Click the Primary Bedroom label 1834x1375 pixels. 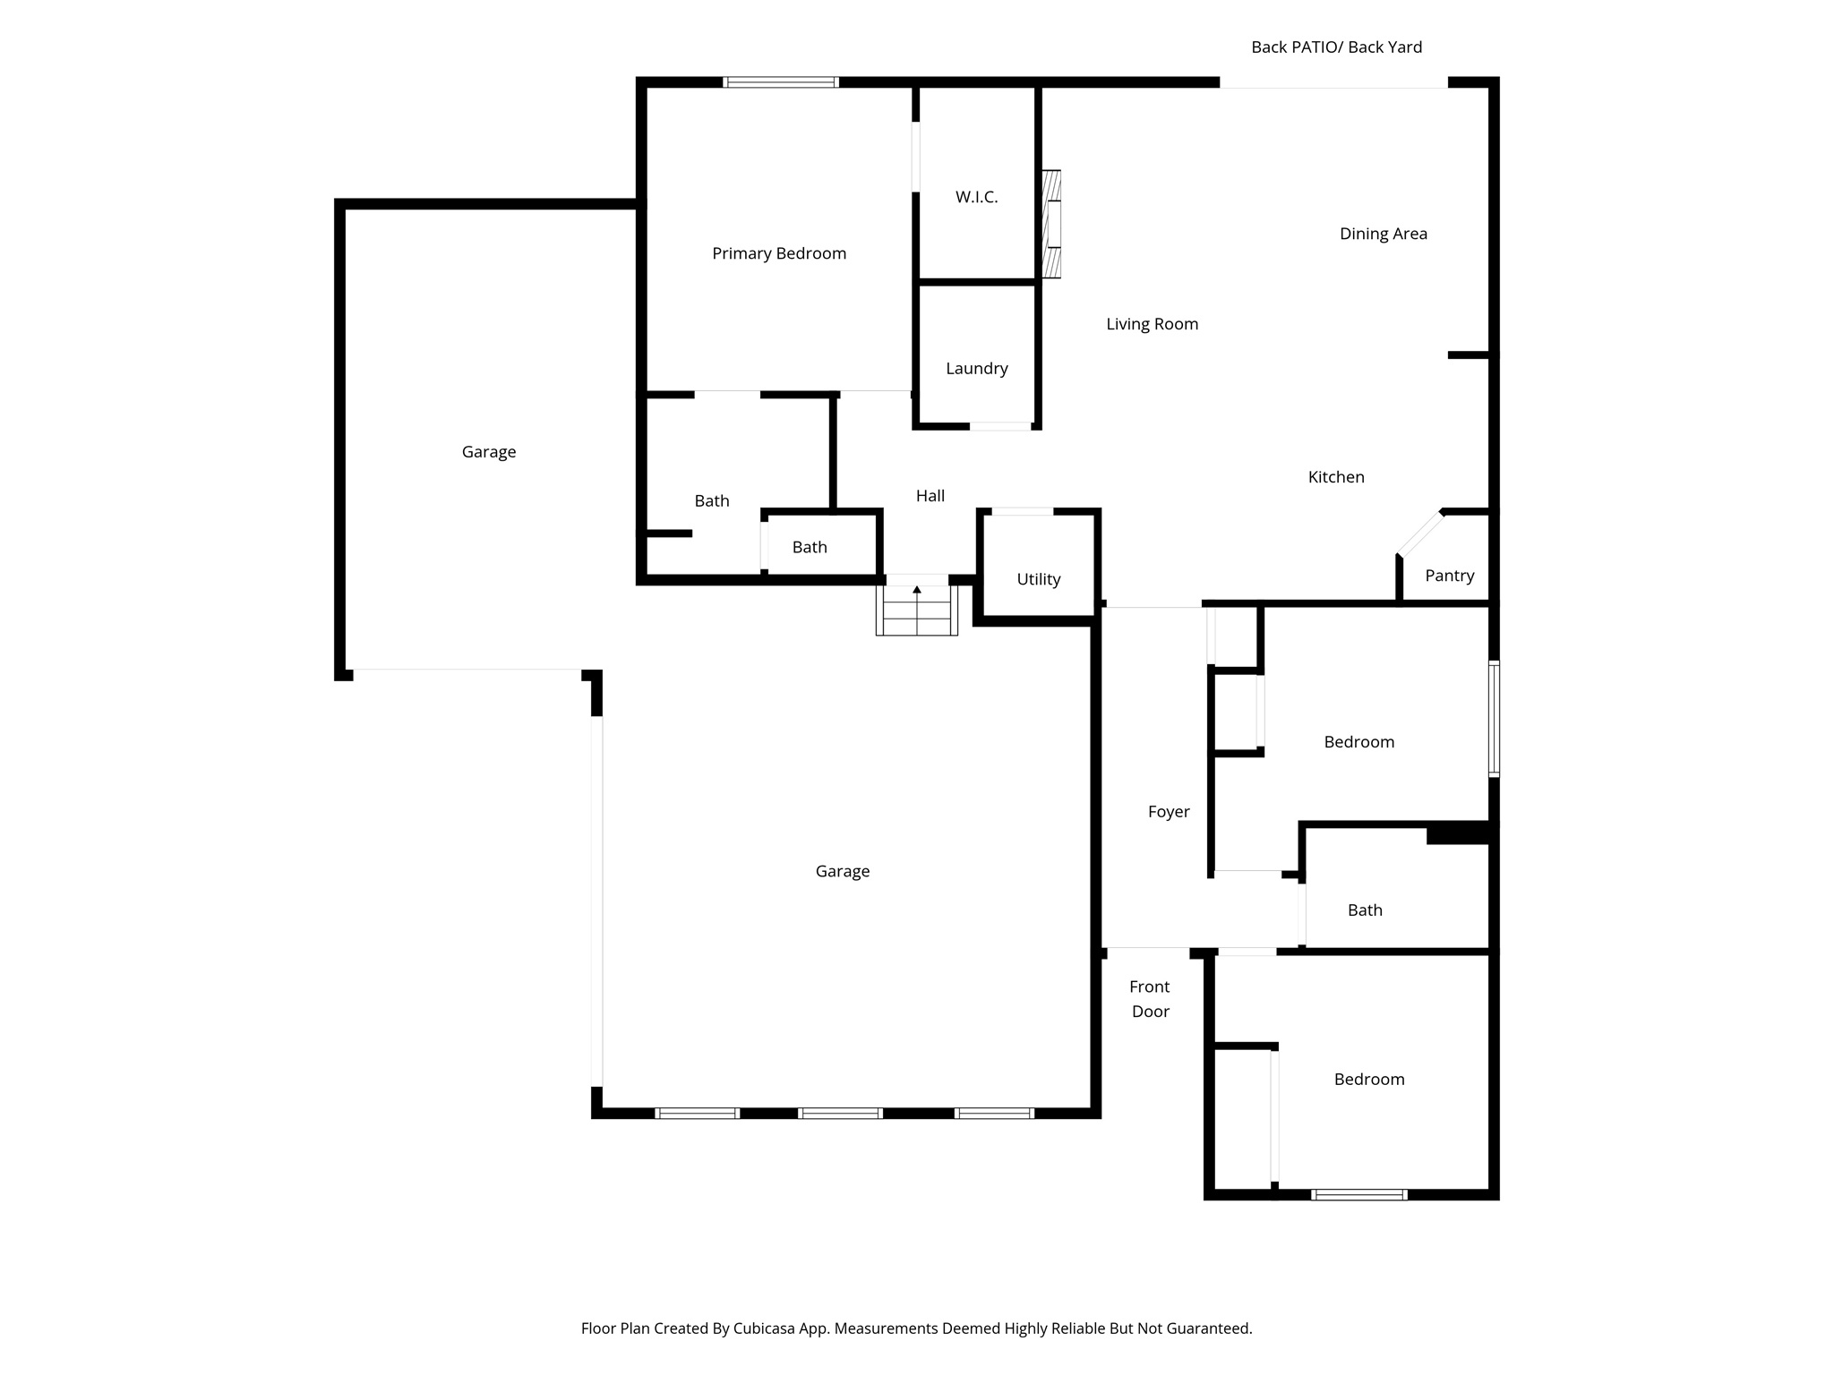click(778, 253)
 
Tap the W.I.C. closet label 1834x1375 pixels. click(976, 197)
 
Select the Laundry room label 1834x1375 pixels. click(976, 368)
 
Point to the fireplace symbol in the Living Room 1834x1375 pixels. click(1052, 224)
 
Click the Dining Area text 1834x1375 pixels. click(1383, 234)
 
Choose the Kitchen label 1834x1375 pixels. click(1335, 477)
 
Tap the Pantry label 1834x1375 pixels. click(1449, 576)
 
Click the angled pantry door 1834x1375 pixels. click(1420, 534)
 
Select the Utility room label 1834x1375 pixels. click(1038, 579)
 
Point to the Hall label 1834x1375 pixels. click(930, 496)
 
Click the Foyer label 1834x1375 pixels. click(1168, 812)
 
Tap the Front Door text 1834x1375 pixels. click(1150, 999)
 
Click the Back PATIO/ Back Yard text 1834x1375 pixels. click(1335, 47)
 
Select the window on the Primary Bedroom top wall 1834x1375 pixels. click(781, 82)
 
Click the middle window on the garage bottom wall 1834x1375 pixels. click(840, 1114)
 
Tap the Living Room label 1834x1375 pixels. click(1152, 324)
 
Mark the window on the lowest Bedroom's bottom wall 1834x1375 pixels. click(1358, 1194)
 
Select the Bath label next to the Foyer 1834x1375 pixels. click(1364, 910)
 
